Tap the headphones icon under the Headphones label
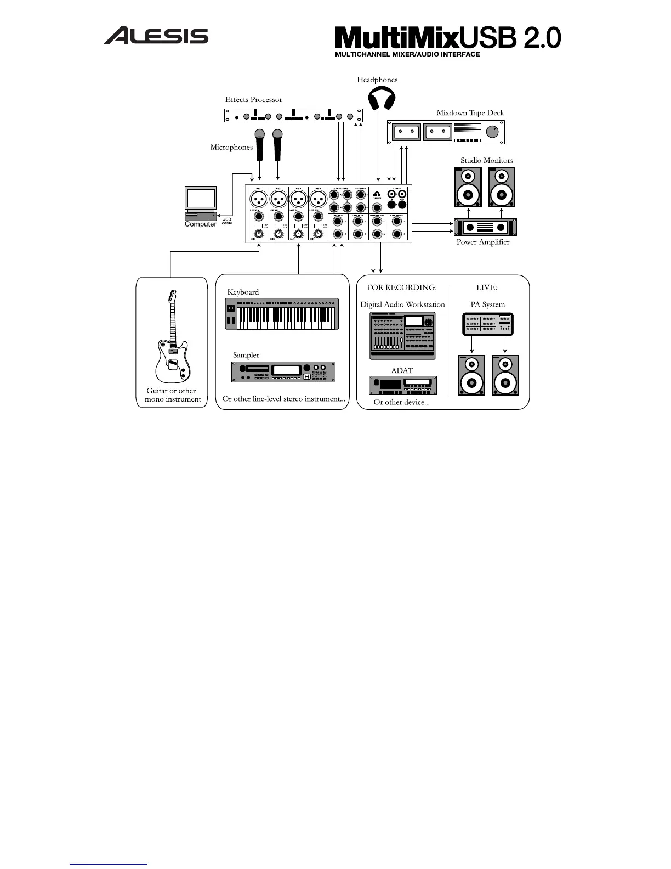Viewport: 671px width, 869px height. (382, 100)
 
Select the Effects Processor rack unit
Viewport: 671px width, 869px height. (293, 115)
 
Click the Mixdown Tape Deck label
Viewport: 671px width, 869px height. (470, 113)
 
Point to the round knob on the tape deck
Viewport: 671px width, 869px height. (493, 132)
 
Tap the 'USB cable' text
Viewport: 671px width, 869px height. (227, 221)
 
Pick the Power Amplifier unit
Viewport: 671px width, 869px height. (485, 227)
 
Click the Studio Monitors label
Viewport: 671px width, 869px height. (486, 160)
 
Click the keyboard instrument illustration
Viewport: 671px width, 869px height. (282, 314)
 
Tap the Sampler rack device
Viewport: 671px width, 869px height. (283, 372)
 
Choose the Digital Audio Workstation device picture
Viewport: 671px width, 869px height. (402, 335)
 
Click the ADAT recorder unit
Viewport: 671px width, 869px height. (403, 385)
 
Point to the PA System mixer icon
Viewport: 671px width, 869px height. (488, 324)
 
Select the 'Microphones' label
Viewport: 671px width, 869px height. (231, 147)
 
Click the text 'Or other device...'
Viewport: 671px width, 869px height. (401, 402)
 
